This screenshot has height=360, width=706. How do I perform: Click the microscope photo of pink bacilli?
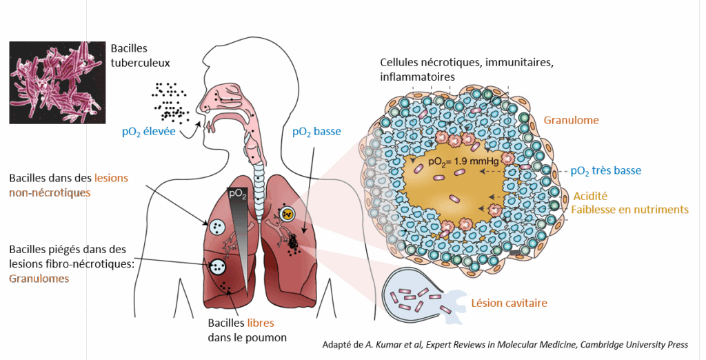54,82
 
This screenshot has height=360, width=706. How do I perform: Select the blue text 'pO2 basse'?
317,131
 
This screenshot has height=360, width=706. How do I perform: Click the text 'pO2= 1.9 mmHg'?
461,163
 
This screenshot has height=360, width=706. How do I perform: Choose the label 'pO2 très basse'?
607,170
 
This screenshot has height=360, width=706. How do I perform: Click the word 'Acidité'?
590,196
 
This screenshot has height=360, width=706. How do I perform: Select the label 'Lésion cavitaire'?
509,302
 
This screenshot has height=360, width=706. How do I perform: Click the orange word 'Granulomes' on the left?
39,279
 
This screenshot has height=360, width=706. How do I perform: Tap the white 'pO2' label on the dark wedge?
237,194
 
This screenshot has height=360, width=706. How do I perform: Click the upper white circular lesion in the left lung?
216,226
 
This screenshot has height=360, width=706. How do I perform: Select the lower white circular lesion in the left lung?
219,266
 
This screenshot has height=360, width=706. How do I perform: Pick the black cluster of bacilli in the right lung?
294,241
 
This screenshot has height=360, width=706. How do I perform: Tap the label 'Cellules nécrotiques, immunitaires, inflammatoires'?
467,69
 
